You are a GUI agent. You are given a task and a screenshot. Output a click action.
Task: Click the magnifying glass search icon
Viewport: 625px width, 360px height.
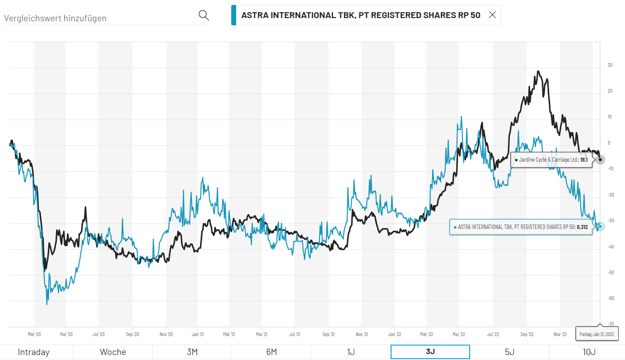point(204,16)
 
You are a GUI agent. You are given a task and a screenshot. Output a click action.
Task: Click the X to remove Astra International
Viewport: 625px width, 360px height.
point(492,15)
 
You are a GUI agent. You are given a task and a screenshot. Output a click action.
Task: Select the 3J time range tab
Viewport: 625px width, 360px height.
point(430,352)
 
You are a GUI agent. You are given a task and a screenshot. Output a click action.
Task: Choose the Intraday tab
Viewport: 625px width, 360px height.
point(33,352)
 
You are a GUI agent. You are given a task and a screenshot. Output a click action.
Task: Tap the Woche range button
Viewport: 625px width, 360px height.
point(113,352)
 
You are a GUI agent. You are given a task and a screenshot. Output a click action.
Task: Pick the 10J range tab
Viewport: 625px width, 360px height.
point(589,352)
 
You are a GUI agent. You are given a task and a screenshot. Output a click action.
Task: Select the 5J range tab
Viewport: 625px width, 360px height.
point(509,352)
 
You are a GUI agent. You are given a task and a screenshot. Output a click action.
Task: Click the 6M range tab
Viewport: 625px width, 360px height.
point(271,352)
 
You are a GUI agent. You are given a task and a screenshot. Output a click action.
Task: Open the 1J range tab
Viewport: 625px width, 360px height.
point(350,352)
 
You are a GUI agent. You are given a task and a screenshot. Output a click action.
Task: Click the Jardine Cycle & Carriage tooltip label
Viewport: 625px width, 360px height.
point(551,160)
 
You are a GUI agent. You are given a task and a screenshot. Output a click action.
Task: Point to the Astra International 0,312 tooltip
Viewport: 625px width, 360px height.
point(521,227)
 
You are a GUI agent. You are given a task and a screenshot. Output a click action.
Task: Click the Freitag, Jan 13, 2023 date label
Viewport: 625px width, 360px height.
point(597,334)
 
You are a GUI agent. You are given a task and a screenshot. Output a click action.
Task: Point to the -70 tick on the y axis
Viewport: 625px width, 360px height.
point(610,324)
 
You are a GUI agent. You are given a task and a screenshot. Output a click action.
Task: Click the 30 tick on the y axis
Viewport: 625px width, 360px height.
point(610,65)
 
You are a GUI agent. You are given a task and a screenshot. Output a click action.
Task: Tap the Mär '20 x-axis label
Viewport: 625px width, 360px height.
point(34,334)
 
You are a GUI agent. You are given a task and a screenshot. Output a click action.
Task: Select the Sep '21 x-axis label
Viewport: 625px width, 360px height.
point(329,334)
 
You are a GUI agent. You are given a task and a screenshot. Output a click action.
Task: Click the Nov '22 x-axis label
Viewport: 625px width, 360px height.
point(560,334)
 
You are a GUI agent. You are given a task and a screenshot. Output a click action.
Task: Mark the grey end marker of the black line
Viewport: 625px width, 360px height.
point(600,160)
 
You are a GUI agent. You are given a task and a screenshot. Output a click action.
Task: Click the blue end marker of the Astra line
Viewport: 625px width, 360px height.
point(600,227)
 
